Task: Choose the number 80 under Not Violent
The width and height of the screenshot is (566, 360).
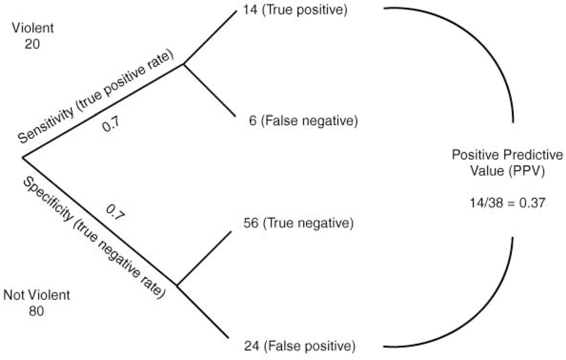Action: (37, 311)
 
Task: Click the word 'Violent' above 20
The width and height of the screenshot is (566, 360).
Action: (33, 28)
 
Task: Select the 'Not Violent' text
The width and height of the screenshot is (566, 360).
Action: (37, 295)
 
